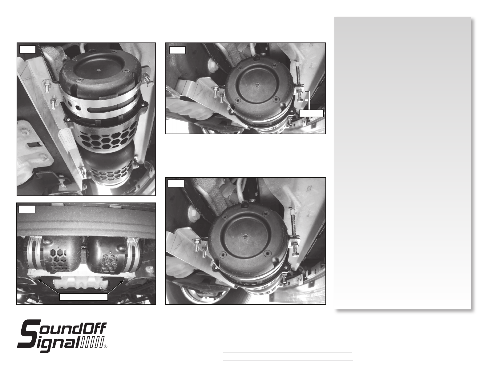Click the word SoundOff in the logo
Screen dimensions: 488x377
[x=63, y=329]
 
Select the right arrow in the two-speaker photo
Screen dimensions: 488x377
[x=116, y=287]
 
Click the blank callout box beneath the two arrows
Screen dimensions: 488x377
[x=83, y=297]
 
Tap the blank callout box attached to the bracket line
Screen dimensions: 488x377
[x=311, y=113]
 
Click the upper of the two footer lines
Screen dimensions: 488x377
[x=288, y=352]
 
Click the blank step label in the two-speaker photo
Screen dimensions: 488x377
[x=27, y=209]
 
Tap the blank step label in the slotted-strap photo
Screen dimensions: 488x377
[x=27, y=49]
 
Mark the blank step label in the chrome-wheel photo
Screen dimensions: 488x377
[x=176, y=183]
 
